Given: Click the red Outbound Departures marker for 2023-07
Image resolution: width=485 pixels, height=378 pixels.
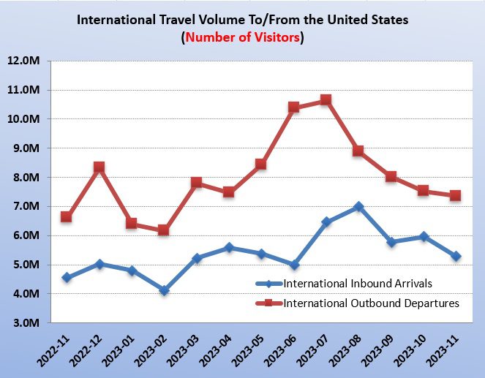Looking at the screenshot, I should tap(326, 99).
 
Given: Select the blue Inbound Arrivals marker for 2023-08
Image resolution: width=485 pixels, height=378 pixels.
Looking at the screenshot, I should tap(358, 207).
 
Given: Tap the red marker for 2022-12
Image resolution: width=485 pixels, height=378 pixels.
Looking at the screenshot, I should tap(99, 167).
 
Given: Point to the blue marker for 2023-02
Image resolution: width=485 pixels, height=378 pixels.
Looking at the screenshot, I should tap(164, 290).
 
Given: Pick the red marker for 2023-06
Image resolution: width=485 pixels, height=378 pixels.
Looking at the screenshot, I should tap(293, 107).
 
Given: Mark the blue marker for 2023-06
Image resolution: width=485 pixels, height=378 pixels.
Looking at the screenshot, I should tap(293, 265).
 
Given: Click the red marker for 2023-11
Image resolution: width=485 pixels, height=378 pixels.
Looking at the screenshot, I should tap(455, 195).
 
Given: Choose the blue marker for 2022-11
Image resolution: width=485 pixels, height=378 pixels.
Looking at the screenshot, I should tap(67, 277).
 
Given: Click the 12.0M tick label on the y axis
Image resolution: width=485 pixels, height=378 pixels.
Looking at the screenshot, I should tap(23, 61).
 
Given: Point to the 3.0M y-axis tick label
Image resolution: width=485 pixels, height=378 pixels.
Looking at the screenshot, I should tap(26, 323).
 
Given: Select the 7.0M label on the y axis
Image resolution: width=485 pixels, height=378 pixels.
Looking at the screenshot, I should tap(26, 206).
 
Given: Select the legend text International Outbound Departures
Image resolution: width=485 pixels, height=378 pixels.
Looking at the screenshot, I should tap(371, 303).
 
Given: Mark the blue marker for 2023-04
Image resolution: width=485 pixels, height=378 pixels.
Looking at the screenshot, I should tap(228, 248).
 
